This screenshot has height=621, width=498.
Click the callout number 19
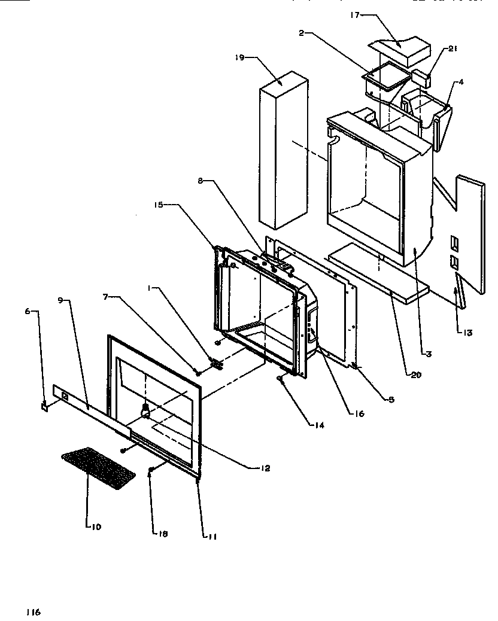pyautogui.click(x=239, y=58)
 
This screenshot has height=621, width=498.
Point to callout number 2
pyautogui.click(x=303, y=34)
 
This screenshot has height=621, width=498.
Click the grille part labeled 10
pyautogui.click(x=98, y=467)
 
